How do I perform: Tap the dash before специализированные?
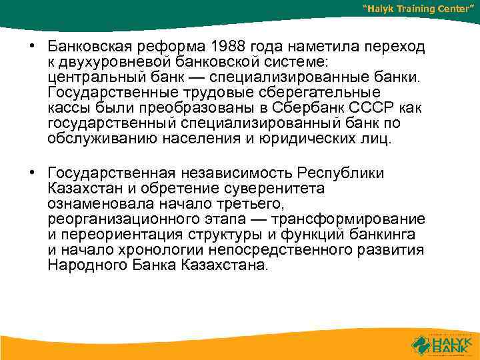198,77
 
